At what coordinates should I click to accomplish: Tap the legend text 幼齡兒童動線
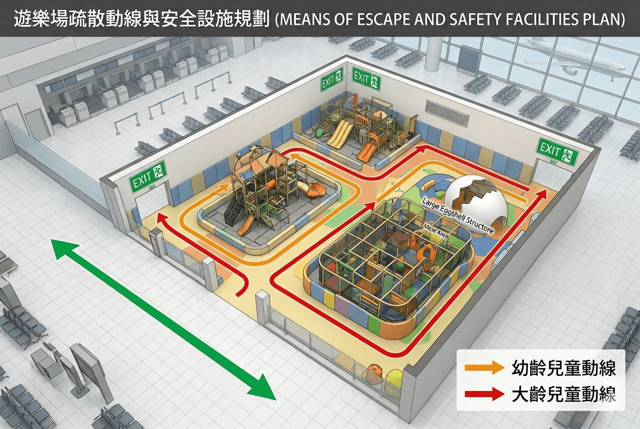564,368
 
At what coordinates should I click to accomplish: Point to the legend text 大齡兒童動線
564,394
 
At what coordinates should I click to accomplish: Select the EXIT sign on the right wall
557,152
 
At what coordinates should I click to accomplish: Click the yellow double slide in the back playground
340,135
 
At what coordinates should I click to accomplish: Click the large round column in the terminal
433,53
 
